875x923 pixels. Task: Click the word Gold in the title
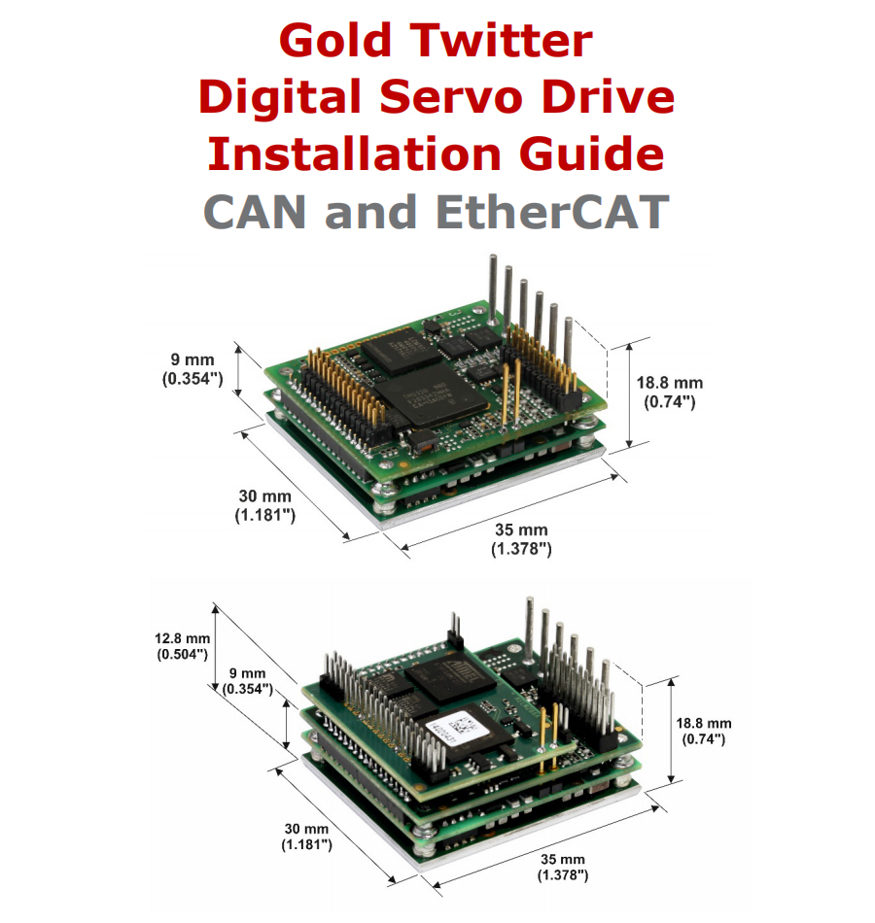tap(334, 40)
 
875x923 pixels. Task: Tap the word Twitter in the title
tap(501, 40)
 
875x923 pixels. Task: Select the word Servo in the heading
tap(451, 97)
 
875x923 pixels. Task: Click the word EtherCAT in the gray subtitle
tap(552, 212)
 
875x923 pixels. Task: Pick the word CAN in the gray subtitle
tap(255, 212)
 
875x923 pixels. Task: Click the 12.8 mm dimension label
tap(183, 646)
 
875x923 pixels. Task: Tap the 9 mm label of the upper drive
tap(192, 369)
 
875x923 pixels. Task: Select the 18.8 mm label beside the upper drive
tap(669, 393)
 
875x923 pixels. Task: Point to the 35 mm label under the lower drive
tap(563, 867)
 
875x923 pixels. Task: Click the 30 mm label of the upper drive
tap(265, 505)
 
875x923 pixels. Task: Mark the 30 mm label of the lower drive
tap(306, 837)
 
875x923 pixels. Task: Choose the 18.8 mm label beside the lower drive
tap(704, 731)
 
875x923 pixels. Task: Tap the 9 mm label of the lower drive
tap(248, 681)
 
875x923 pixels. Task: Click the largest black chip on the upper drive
tap(431, 393)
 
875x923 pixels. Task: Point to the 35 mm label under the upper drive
tap(521, 538)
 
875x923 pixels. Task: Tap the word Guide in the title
tap(591, 154)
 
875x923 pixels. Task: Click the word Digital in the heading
tap(280, 97)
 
